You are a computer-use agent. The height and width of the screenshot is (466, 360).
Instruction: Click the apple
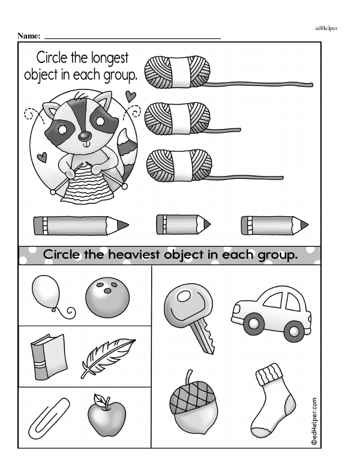pos(107,416)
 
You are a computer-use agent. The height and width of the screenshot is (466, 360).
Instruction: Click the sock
pos(273,399)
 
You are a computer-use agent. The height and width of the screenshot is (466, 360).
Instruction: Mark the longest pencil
pos(81,225)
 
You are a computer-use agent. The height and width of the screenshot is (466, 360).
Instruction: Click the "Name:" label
pos(28,36)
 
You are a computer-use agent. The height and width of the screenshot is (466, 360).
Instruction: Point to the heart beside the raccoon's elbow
pos(42,157)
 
